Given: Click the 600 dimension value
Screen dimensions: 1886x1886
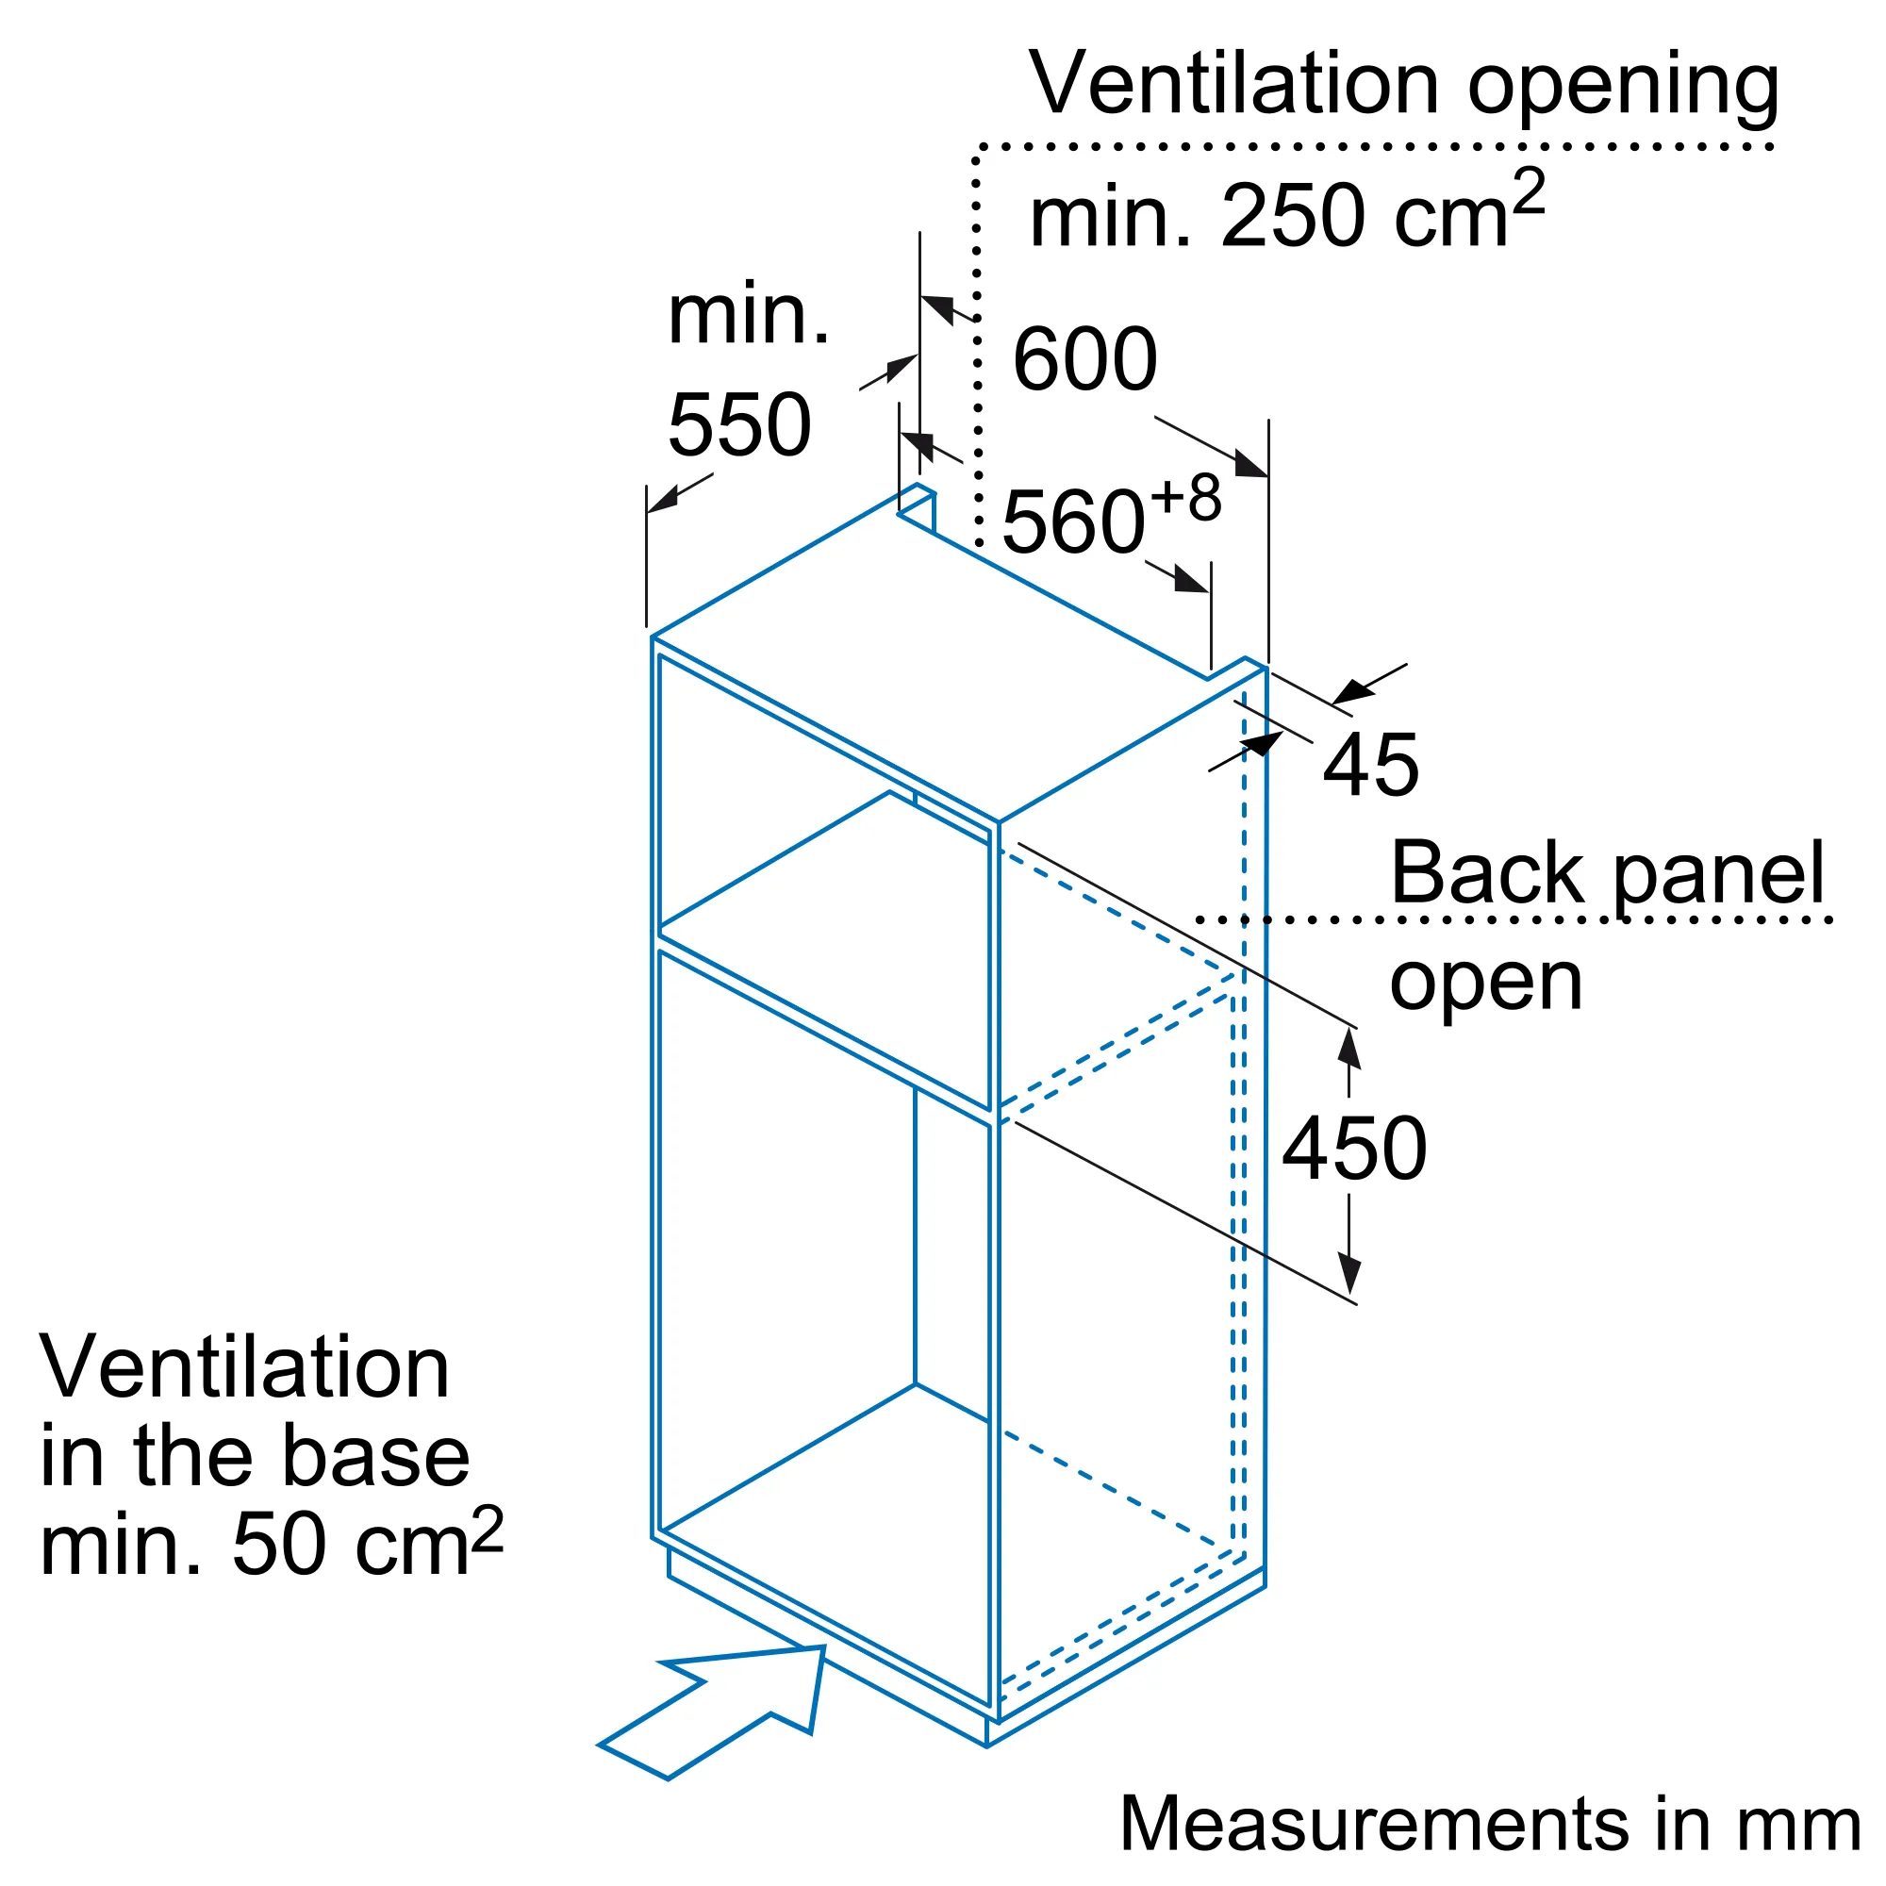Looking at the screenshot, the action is click(1084, 359).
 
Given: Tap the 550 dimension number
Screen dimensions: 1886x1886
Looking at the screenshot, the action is click(739, 424).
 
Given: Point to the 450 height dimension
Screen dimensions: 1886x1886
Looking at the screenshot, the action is click(1354, 1149).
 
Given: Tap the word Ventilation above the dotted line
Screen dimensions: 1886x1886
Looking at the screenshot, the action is click(1233, 84).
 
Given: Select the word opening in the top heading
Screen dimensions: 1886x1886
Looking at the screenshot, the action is click(1622, 91).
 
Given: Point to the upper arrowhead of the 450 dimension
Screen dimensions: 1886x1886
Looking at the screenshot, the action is click(1349, 1049).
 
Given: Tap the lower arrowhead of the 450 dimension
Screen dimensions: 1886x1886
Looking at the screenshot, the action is click(1349, 1275).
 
